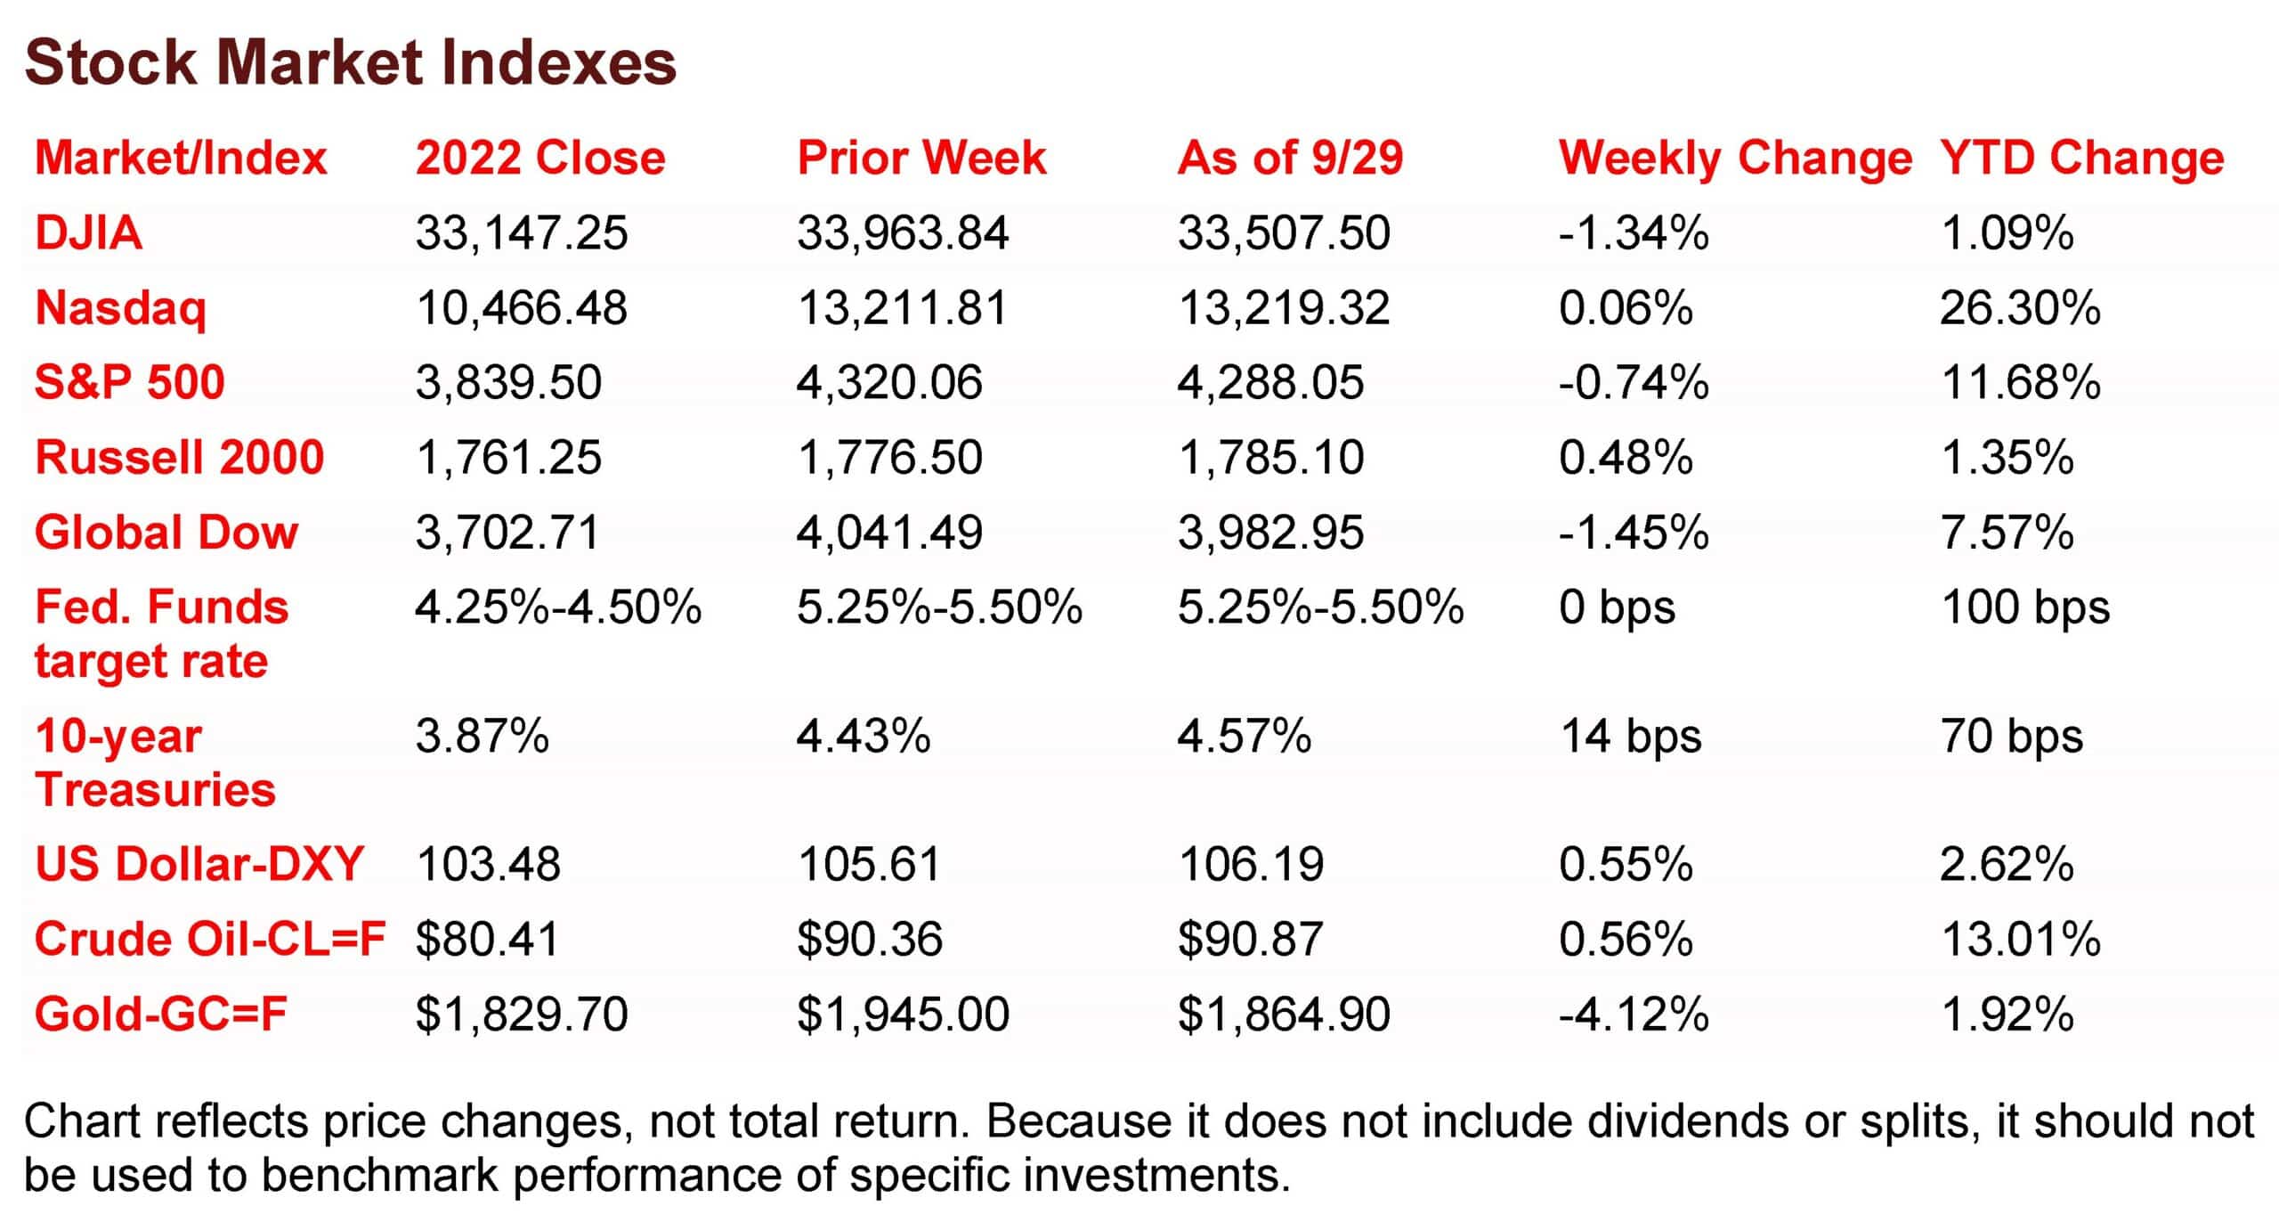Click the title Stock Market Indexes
pyautogui.click(x=350, y=62)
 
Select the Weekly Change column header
pyautogui.click(x=1735, y=159)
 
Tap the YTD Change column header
pyautogui.click(x=2081, y=159)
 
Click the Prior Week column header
pyautogui.click(x=921, y=159)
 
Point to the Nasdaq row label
pyautogui.click(x=120, y=308)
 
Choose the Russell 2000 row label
pyautogui.click(x=179, y=458)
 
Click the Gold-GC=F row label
pyautogui.click(x=160, y=1014)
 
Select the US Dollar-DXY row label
pyautogui.click(x=199, y=864)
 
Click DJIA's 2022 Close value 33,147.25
pyautogui.click(x=522, y=233)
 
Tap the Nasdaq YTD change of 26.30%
pyautogui.click(x=2020, y=308)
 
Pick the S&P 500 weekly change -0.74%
pyautogui.click(x=1634, y=383)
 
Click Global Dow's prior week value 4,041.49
pyautogui.click(x=889, y=533)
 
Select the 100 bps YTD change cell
pyautogui.click(x=2025, y=608)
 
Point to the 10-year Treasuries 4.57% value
pyautogui.click(x=1244, y=737)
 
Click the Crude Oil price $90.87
pyautogui.click(x=1251, y=940)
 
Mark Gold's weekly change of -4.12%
pyautogui.click(x=1634, y=1014)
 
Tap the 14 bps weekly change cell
pyautogui.click(x=1630, y=737)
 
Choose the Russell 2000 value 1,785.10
pyautogui.click(x=1270, y=458)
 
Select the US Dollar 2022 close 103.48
pyautogui.click(x=488, y=864)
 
